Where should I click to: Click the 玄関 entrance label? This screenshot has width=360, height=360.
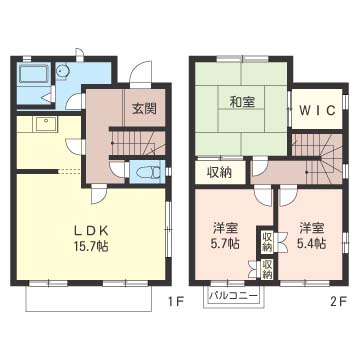(x=145, y=109)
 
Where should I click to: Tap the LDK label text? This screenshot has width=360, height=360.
(x=91, y=230)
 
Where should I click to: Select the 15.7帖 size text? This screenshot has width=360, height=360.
(x=91, y=246)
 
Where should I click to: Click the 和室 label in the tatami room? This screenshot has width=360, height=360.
(x=242, y=102)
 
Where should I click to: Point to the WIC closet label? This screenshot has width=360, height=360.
(x=317, y=110)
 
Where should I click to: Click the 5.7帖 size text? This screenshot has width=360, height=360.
(x=225, y=244)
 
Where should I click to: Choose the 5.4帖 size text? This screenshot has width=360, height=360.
(x=311, y=243)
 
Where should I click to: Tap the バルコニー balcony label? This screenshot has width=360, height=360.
(x=233, y=296)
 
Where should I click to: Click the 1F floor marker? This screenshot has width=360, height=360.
(x=175, y=302)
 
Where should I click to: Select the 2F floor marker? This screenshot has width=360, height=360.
(x=339, y=302)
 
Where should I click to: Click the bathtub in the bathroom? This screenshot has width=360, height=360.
(x=34, y=74)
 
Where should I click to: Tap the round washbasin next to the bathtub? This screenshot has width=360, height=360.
(x=61, y=71)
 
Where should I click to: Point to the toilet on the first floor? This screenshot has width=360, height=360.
(x=149, y=173)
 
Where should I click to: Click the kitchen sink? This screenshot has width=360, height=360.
(x=45, y=124)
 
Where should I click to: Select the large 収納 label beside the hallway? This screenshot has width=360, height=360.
(x=220, y=172)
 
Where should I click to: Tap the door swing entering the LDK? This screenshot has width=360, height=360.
(x=99, y=195)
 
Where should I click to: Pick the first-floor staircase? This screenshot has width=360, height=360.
(x=138, y=143)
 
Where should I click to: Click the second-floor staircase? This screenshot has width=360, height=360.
(x=319, y=158)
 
